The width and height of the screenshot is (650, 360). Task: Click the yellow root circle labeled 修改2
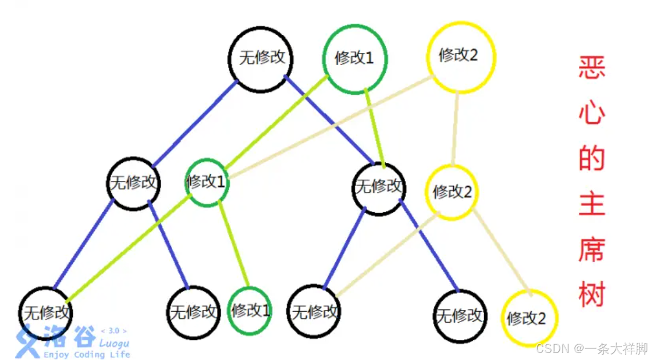[460, 57]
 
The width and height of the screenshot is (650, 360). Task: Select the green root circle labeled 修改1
[354, 58]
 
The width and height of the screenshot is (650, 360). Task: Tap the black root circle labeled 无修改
[261, 58]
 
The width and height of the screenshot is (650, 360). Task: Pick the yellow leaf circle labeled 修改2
[529, 318]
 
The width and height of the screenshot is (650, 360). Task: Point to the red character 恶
[592, 69]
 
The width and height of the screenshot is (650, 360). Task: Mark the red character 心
[592, 114]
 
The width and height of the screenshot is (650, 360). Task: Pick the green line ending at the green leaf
[234, 244]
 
